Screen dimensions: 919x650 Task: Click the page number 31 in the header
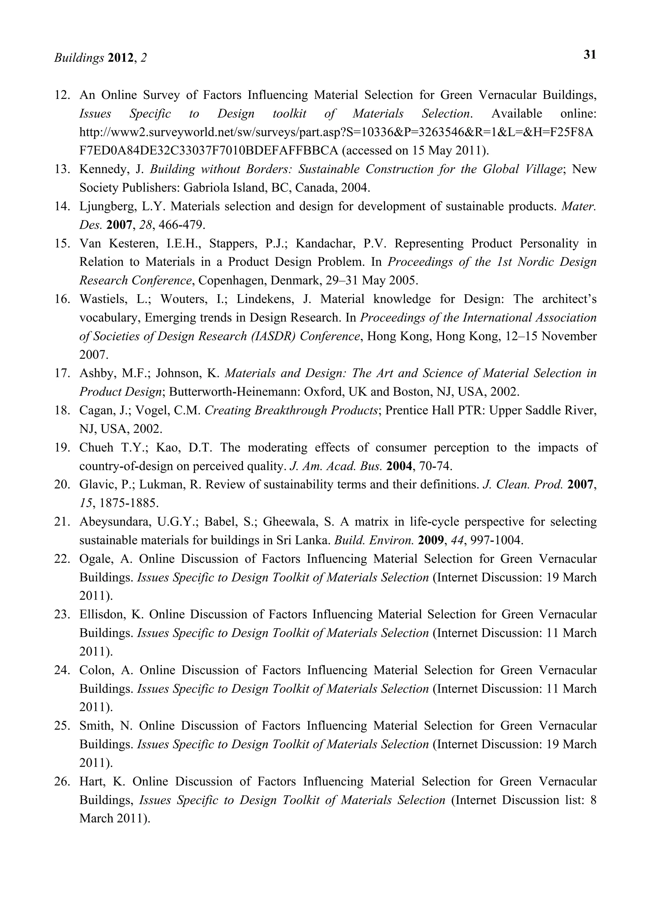[589, 55]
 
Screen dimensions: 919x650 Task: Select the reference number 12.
[62, 95]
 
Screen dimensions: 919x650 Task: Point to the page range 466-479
[182, 225]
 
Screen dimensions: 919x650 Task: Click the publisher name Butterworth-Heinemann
[234, 391]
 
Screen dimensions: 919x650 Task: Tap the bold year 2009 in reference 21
[431, 540]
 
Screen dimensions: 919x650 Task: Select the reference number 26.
[62, 781]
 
